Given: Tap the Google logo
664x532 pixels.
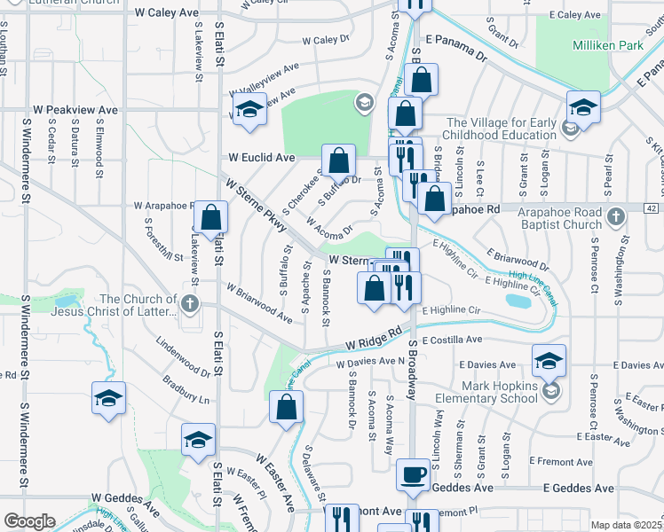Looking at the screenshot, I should coord(29,521).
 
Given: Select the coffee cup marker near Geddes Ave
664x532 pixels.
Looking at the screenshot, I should coord(412,475).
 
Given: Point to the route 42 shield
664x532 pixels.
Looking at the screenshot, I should coord(650,207).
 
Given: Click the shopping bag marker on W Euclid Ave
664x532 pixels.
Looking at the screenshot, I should coord(338,161).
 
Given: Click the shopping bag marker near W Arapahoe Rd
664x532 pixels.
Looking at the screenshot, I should coord(212,218).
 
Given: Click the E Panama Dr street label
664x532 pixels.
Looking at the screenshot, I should coord(457,48).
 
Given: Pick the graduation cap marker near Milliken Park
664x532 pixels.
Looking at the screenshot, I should coord(583,107).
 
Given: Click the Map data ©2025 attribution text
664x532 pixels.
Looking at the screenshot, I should coord(626,525).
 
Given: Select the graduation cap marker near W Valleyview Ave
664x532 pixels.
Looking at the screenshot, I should coord(249,110).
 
